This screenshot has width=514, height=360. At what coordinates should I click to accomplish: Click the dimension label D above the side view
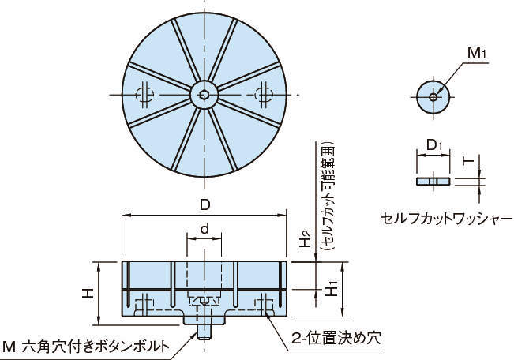coord(204,205)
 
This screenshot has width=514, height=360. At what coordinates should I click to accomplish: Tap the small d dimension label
coord(204,229)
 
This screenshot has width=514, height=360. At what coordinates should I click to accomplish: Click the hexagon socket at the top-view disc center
coord(204,95)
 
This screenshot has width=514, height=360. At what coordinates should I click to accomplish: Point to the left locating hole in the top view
coord(144,95)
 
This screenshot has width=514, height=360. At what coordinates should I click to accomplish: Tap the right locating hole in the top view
coord(264,95)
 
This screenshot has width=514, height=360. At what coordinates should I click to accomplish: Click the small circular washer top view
coord(433,96)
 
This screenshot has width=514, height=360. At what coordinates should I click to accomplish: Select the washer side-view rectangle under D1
coord(433,181)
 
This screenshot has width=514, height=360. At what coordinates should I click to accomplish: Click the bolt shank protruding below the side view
coord(204,331)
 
